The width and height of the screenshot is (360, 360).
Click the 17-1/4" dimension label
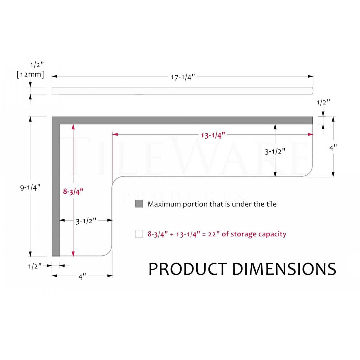click(183, 77)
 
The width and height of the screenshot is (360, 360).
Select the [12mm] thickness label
click(30, 74)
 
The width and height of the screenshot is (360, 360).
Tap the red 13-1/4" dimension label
click(213, 135)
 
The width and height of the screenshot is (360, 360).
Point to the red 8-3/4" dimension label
click(73, 192)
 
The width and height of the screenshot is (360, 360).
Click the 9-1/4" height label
click(30, 188)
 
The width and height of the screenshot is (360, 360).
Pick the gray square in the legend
click(139, 204)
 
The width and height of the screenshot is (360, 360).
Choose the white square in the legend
click(139, 234)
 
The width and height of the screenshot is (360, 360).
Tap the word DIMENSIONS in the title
click(284, 269)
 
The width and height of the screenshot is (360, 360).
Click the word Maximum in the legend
click(164, 204)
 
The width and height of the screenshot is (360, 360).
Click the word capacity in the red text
click(271, 234)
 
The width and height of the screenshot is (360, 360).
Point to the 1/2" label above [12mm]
click(37, 64)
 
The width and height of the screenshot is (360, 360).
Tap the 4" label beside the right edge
click(333, 148)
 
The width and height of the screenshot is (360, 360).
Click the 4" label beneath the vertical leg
click(82, 277)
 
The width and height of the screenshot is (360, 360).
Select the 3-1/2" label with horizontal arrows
click(86, 221)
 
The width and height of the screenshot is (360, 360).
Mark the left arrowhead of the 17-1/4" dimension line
click(54, 76)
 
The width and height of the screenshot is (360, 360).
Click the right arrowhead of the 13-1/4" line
click(310, 134)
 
